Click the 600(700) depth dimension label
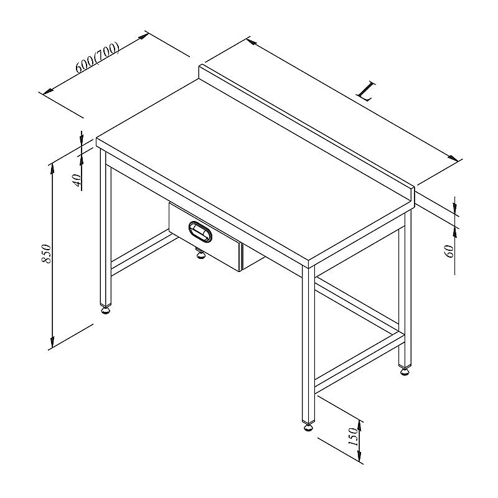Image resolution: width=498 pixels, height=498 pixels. tap(98, 57)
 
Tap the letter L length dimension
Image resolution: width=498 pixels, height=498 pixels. tap(366, 91)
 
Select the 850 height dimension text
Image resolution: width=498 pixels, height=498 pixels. tap(46, 253)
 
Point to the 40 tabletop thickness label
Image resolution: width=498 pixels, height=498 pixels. tap(77, 181)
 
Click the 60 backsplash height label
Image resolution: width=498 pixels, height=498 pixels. tap(449, 251)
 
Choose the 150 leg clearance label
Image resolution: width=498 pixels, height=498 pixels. tap(354, 436)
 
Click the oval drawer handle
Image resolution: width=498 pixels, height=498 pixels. tap(200, 232)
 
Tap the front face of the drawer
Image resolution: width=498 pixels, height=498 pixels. tap(205, 237)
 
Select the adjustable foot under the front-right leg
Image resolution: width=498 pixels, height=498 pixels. tap(308, 427)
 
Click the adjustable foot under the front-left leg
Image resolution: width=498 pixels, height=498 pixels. tap(106, 309)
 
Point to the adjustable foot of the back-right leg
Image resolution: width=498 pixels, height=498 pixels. tap(405, 370)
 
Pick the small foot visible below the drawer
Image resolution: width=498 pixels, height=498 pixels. tap(200, 253)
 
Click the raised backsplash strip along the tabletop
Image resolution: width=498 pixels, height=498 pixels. tap(306, 133)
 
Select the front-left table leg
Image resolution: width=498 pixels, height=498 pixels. tap(106, 228)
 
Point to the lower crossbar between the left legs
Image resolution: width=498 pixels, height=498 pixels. tap(144, 253)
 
